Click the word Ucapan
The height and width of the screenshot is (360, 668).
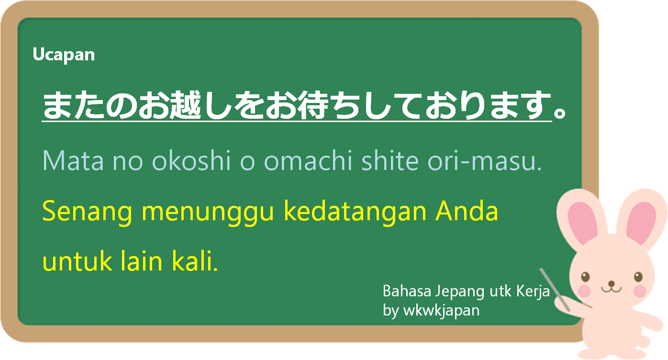tap(64, 55)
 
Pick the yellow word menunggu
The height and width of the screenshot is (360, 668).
tap(207, 213)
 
